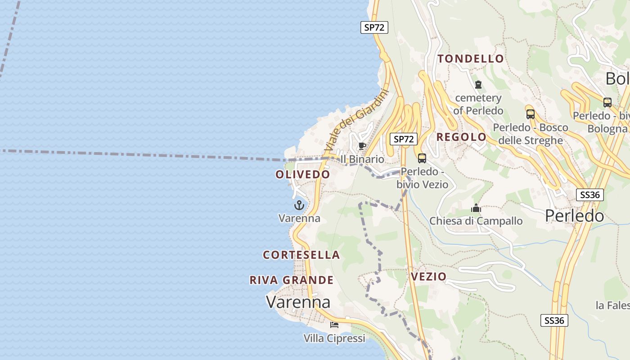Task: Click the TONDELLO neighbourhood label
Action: [x=471, y=58]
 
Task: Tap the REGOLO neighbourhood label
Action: [x=462, y=137]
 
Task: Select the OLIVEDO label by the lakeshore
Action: [x=303, y=175]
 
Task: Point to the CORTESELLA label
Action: [x=301, y=255]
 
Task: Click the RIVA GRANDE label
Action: [x=292, y=280]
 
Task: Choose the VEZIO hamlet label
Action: [x=428, y=276]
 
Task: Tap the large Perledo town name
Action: [x=574, y=216]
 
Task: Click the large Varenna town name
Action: [x=298, y=301]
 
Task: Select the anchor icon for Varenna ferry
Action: [x=299, y=206]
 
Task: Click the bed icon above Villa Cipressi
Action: [x=334, y=324]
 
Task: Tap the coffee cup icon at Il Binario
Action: [x=362, y=146]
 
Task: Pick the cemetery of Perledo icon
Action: [x=478, y=84]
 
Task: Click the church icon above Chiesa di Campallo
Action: [x=476, y=208]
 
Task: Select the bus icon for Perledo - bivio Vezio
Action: [x=422, y=158]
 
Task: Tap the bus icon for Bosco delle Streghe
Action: [x=530, y=114]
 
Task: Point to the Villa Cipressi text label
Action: [x=334, y=338]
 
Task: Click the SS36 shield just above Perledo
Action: [x=590, y=195]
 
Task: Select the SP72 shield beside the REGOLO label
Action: [x=403, y=139]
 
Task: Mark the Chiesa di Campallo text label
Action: [x=476, y=221]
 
